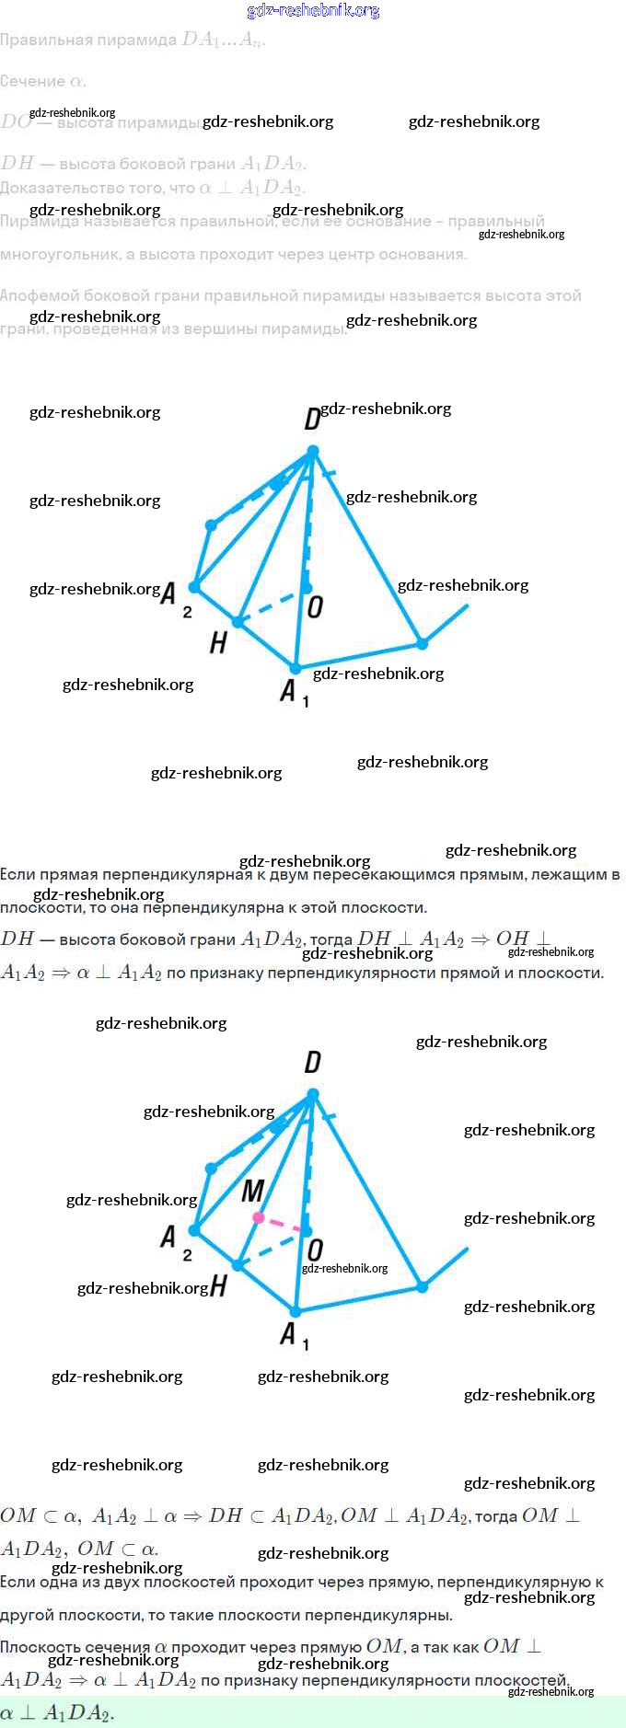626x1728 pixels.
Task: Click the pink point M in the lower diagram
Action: tap(259, 1217)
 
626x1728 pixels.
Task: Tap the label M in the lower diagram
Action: tap(252, 1192)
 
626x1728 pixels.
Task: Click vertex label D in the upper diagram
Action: tap(312, 420)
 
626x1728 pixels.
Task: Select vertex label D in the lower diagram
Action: tap(313, 1063)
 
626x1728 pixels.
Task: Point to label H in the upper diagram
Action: tap(218, 642)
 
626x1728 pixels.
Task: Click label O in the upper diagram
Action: tap(315, 607)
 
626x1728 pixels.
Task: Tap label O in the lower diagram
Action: tap(315, 1250)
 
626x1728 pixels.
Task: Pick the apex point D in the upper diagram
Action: tap(313, 451)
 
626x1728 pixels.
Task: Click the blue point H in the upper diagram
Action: tap(238, 622)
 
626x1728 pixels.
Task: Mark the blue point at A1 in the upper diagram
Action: tap(296, 669)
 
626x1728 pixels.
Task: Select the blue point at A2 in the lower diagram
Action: tap(194, 1229)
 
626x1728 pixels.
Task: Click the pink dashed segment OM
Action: tap(283, 1225)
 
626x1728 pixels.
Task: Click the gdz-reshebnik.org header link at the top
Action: tap(313, 11)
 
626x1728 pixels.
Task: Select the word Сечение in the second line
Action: tap(33, 81)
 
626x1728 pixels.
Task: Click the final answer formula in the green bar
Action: tap(57, 1713)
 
